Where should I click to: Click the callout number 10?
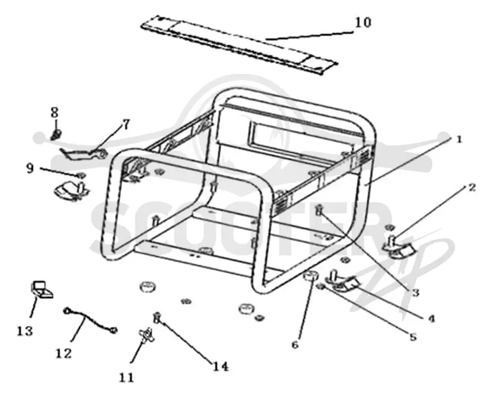363,23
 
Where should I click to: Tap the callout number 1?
458,139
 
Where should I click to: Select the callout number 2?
472,188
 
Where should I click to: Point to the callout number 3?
415,293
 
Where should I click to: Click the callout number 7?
126,125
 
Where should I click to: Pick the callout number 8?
54,112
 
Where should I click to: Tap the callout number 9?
30,169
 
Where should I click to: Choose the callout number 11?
127,377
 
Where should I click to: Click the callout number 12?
64,354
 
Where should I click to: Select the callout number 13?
25,331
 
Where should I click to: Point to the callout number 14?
221,366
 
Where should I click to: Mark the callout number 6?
295,344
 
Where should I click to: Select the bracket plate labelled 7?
84,154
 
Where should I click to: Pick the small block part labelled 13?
41,290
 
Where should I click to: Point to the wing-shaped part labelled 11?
145,335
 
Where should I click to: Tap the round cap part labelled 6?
311,277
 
